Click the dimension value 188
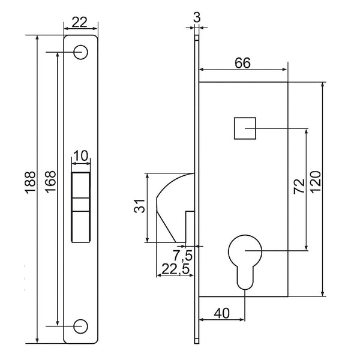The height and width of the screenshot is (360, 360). click(x=31, y=182)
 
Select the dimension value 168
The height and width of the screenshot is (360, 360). click(x=50, y=182)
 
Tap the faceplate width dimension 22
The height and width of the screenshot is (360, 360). click(x=80, y=22)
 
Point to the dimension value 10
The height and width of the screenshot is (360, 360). click(x=81, y=155)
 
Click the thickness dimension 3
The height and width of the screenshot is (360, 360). click(x=197, y=17)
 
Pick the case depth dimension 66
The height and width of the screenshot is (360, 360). click(x=242, y=62)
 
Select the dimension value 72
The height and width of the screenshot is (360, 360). click(x=299, y=186)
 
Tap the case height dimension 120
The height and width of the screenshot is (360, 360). click(x=315, y=182)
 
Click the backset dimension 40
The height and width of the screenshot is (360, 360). click(x=221, y=313)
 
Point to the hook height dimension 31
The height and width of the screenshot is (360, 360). click(x=140, y=206)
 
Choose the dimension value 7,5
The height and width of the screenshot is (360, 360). click(x=183, y=256)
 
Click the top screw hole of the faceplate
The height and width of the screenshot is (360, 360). click(x=80, y=52)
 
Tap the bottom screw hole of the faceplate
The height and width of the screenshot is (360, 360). click(x=80, y=326)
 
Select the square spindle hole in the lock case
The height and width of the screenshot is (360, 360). click(x=245, y=128)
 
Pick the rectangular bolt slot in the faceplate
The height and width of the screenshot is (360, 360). click(x=80, y=206)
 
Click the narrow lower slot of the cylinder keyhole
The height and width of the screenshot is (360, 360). click(x=245, y=277)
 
